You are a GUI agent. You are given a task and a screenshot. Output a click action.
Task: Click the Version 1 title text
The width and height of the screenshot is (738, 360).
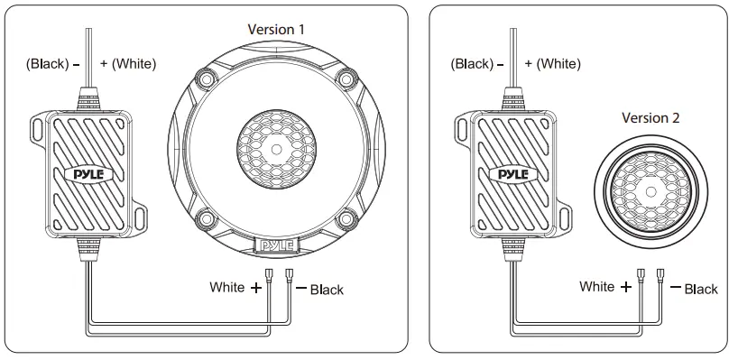click(276, 29)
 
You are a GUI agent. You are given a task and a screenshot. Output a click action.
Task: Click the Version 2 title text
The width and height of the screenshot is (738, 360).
click(650, 117)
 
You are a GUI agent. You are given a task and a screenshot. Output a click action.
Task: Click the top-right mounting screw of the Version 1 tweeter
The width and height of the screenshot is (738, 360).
click(345, 78)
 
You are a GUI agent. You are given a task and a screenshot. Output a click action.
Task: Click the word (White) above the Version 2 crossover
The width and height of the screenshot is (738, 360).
click(560, 63)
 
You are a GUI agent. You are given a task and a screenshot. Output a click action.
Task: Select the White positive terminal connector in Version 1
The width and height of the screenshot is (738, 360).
click(269, 273)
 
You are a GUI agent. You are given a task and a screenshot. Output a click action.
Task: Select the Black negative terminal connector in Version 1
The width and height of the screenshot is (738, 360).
click(290, 273)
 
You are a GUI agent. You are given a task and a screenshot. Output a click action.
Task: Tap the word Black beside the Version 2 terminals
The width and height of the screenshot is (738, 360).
click(700, 289)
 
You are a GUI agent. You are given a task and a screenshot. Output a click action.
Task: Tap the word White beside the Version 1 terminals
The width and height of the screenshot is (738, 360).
click(226, 288)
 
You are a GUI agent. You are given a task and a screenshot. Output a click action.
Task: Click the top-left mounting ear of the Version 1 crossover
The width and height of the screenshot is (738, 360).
click(39, 127)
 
